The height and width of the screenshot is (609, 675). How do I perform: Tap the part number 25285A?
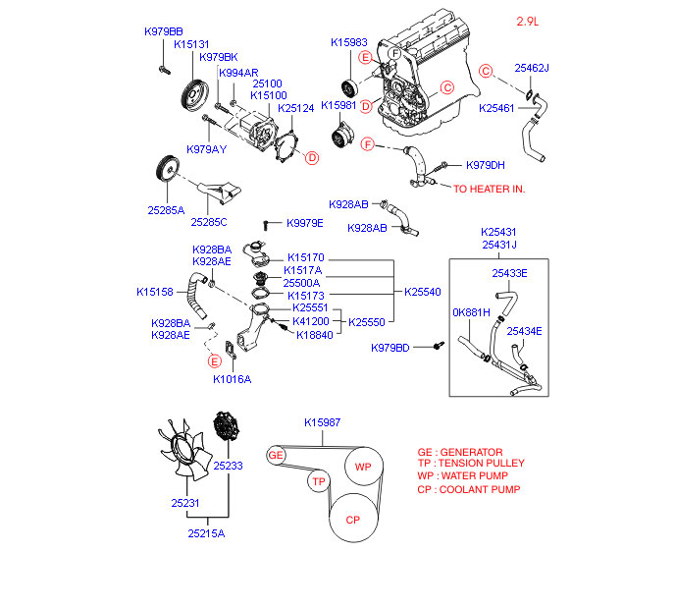(x=166, y=209)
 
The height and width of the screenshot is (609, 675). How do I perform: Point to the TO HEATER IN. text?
(x=489, y=188)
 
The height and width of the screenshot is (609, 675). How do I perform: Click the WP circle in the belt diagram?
(x=363, y=467)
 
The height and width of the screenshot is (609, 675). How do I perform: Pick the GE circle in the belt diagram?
(x=277, y=455)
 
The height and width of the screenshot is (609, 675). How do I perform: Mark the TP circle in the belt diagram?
(x=318, y=481)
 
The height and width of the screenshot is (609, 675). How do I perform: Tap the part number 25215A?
(x=206, y=533)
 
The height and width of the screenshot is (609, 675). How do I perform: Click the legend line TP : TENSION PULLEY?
(x=470, y=464)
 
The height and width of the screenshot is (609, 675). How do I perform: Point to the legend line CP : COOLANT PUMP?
(x=468, y=489)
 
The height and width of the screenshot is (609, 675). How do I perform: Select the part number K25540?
(x=423, y=292)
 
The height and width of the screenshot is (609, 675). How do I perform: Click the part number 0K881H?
(x=471, y=312)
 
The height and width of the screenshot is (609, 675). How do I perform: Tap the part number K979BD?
(x=390, y=348)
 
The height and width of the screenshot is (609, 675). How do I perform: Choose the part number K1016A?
(x=233, y=378)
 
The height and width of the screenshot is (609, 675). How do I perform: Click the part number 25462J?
(x=532, y=68)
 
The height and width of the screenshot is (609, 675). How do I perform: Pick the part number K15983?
(x=349, y=43)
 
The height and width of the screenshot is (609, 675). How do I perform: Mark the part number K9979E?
(x=305, y=224)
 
